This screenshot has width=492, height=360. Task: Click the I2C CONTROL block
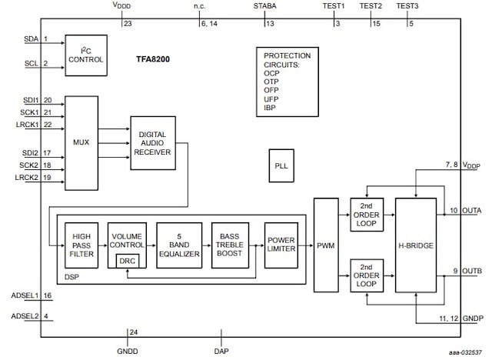pyautogui.click(x=85, y=54)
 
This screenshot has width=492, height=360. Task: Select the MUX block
pyautogui.click(x=81, y=143)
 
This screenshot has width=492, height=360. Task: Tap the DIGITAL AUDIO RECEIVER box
pyautogui.click(x=152, y=142)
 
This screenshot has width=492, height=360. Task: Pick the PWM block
pyautogui.click(x=325, y=245)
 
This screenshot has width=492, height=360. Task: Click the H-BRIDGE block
pyautogui.click(x=415, y=245)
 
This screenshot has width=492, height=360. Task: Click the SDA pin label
pyautogui.click(x=31, y=38)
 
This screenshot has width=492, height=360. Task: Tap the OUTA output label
pyautogui.click(x=473, y=210)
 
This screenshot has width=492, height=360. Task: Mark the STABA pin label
pyautogui.click(x=265, y=6)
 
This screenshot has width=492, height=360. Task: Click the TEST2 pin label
pyautogui.click(x=371, y=6)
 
